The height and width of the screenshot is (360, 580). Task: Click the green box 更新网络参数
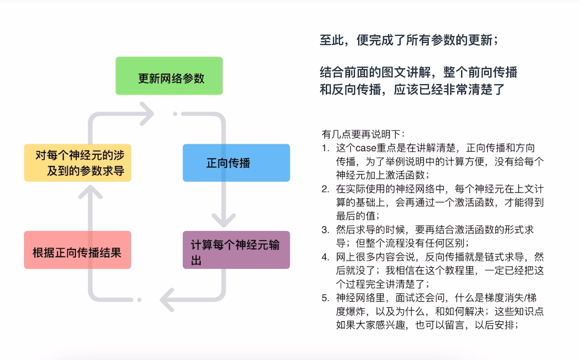point(169,76)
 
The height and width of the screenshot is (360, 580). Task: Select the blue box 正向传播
point(236,163)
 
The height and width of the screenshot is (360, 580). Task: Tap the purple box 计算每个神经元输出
point(236,250)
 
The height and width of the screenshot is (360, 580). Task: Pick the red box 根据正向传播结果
point(78,250)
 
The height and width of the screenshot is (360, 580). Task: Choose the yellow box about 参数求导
point(78,163)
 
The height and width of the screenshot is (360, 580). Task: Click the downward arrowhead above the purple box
point(224,220)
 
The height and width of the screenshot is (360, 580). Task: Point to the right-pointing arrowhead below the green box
point(147,114)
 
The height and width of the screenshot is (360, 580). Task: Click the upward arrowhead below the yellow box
point(90,192)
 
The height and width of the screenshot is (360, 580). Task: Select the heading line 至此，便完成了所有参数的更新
point(409,40)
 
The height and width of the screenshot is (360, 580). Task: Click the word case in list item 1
point(366,148)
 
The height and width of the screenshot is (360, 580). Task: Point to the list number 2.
point(325,189)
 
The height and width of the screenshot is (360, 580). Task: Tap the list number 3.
point(325,230)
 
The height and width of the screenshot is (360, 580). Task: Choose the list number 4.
point(325,257)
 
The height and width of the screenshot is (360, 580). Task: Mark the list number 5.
point(325,298)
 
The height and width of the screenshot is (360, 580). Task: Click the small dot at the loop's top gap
point(175,114)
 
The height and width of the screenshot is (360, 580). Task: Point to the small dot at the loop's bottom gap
point(139,300)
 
